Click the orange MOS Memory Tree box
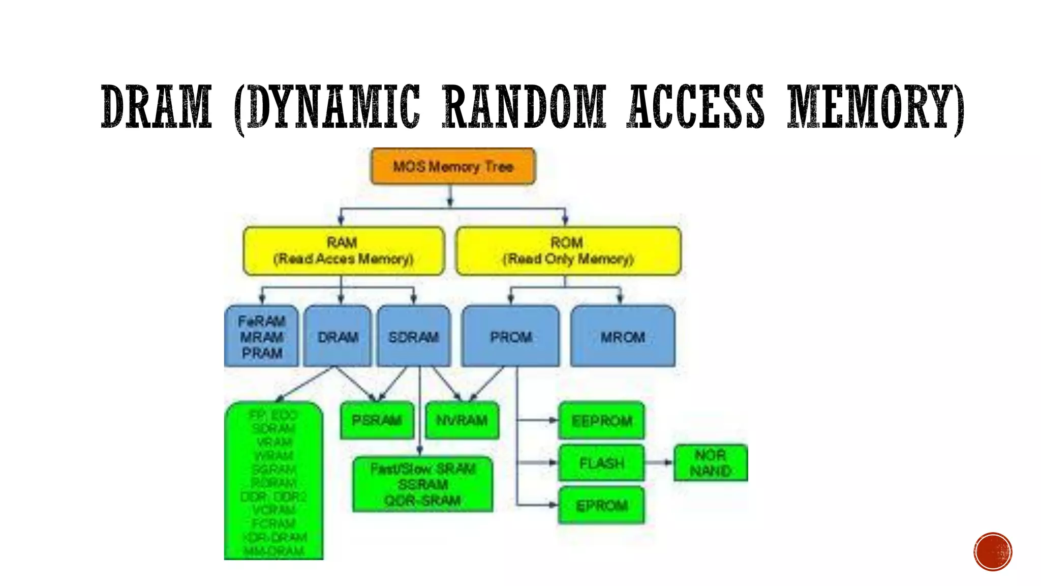[x=453, y=166]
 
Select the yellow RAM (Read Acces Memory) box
[x=344, y=251]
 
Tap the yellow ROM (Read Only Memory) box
[x=568, y=251]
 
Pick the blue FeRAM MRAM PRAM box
[x=261, y=336]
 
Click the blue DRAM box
[x=338, y=336]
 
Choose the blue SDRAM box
[x=413, y=336]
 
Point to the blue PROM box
[x=511, y=336]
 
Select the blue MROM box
[x=623, y=336]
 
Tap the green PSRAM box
[x=377, y=420]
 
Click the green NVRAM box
[x=462, y=420]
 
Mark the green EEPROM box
[x=601, y=421]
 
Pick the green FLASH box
[x=601, y=463]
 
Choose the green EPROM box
[x=601, y=506]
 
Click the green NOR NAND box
[x=711, y=463]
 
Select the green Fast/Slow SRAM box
[x=422, y=484]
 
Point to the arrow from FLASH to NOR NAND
[x=659, y=462]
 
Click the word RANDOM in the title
[x=524, y=107]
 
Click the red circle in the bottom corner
[x=993, y=552]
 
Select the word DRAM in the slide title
[x=157, y=107]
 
